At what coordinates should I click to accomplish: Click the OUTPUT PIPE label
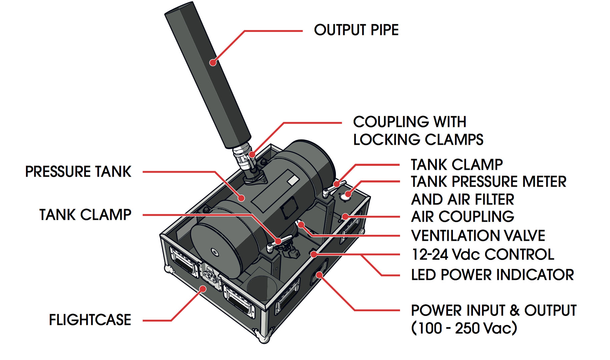click(x=356, y=30)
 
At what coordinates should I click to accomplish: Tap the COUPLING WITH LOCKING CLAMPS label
click(x=418, y=131)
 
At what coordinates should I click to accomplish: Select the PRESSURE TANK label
click(x=78, y=172)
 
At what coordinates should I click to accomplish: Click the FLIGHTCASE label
click(x=90, y=320)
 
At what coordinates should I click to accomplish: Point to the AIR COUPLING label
click(x=462, y=217)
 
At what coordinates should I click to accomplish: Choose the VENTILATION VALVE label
click(x=478, y=236)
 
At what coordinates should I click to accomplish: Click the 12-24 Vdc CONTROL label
click(x=483, y=254)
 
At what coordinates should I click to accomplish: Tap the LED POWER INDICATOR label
click(x=492, y=275)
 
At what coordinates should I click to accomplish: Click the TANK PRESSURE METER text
click(x=488, y=182)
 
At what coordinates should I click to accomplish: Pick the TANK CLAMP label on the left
click(x=85, y=215)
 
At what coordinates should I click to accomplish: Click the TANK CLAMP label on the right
click(x=457, y=165)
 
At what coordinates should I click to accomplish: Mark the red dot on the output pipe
click(x=213, y=62)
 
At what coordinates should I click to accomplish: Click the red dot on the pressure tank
click(x=242, y=198)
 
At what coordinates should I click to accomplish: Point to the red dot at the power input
click(x=319, y=275)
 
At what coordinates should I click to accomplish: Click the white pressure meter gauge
click(x=345, y=197)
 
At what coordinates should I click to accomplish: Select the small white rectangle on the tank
click(x=293, y=180)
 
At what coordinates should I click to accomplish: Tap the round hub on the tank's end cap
click(x=215, y=253)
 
